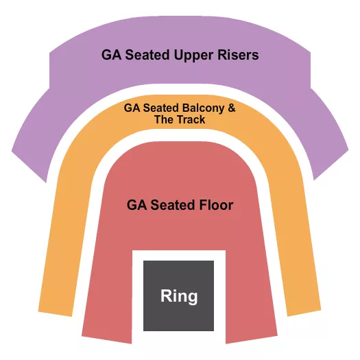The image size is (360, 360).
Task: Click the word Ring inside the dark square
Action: pos(179,296)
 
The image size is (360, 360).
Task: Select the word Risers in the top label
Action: pos(237,54)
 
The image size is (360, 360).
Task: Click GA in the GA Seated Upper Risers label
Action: pos(111,54)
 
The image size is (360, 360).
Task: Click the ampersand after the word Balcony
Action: pos(231,108)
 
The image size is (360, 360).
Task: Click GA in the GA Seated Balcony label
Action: pos(131,108)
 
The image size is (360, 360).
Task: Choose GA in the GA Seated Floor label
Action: pos(135,205)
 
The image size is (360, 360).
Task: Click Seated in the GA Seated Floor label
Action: pos(170,205)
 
